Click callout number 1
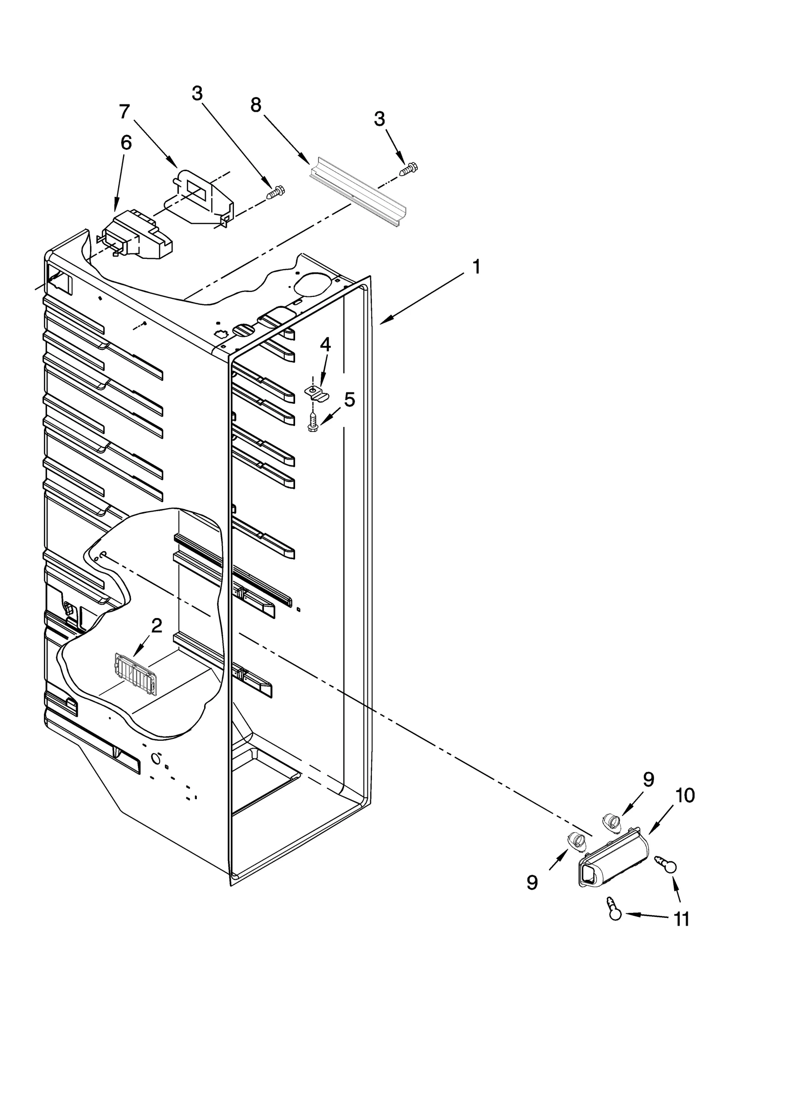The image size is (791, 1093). [476, 268]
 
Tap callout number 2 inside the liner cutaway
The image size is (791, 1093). [156, 626]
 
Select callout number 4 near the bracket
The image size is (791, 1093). [325, 345]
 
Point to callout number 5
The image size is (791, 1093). [350, 399]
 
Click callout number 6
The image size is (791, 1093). [126, 143]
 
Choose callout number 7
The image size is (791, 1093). [124, 112]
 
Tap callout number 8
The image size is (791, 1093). [256, 105]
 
